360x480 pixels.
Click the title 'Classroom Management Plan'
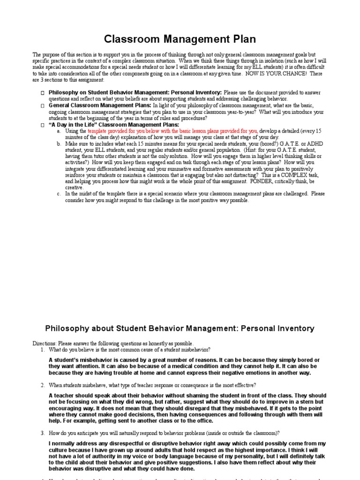point(180,38)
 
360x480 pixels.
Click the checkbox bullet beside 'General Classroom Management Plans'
point(42,106)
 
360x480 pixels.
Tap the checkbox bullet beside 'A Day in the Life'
point(42,125)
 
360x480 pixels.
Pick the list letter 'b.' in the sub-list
point(59,143)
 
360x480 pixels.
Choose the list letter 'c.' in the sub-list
point(59,194)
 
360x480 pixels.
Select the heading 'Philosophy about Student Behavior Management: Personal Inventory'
point(180,329)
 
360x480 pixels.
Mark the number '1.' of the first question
point(43,350)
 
